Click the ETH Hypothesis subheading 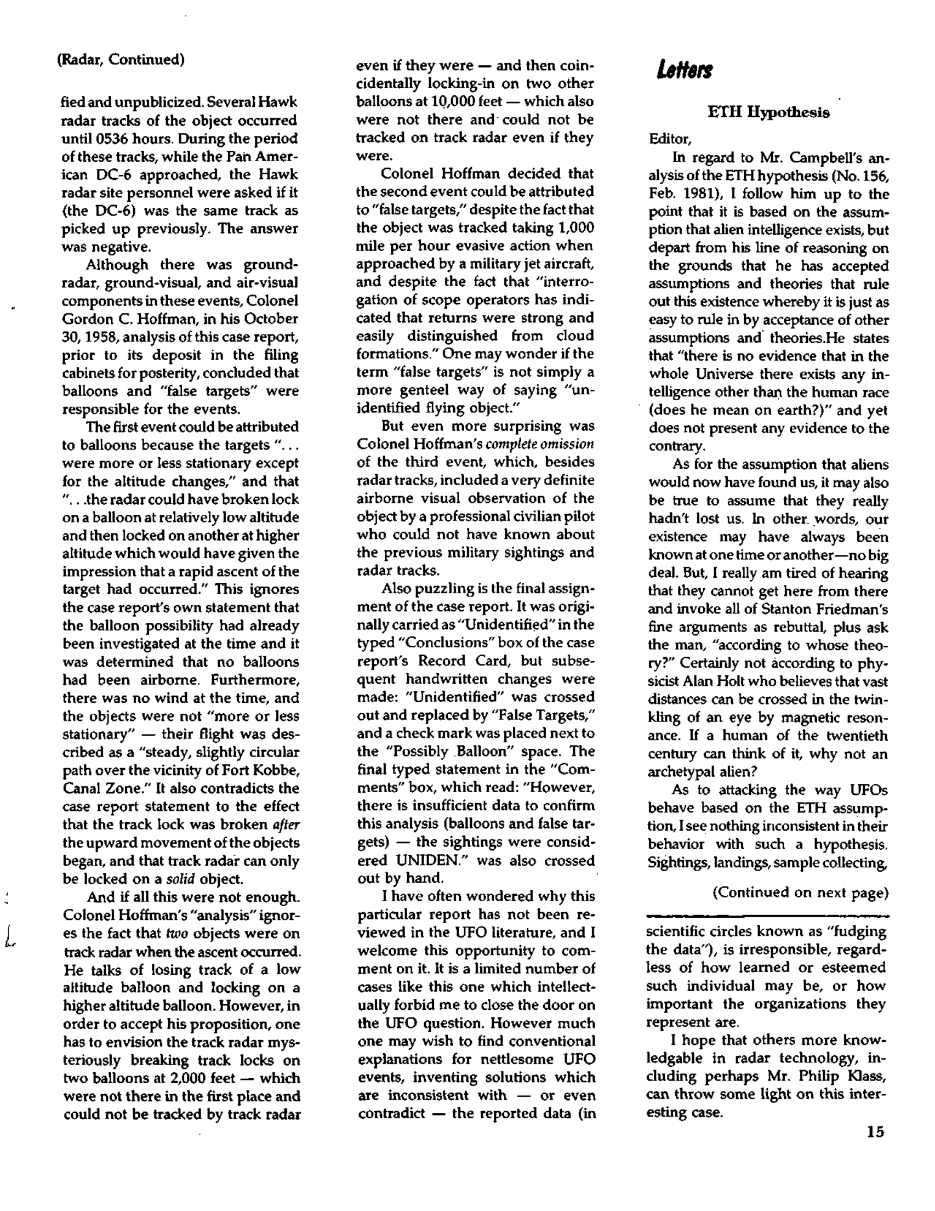[x=769, y=112]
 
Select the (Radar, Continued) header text [x=121, y=59]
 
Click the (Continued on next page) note [x=800, y=892]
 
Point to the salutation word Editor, [x=670, y=139]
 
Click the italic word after [x=288, y=825]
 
